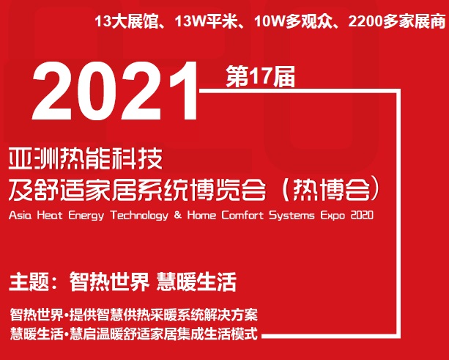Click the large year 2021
(114, 91)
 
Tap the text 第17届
(260, 76)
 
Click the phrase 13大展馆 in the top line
(127, 22)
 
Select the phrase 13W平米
(207, 22)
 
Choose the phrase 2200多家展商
(397, 22)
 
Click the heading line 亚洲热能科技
(86, 158)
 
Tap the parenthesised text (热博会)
(331, 189)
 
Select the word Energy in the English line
(86, 216)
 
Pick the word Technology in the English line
(139, 216)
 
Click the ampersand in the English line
(178, 215)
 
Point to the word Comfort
(242, 215)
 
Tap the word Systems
(292, 216)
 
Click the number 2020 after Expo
(362, 215)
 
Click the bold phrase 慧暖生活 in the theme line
(196, 282)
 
